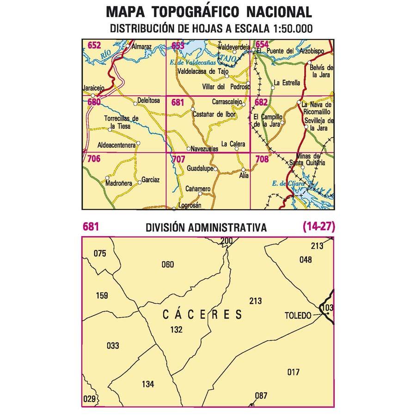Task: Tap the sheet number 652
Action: pyautogui.click(x=94, y=45)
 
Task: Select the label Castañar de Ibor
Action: pyautogui.click(x=214, y=114)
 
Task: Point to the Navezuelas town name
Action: pyautogui.click(x=205, y=149)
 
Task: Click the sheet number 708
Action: pyautogui.click(x=262, y=159)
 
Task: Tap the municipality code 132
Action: pyautogui.click(x=176, y=330)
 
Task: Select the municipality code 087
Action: pyautogui.click(x=261, y=395)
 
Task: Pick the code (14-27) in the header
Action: pyautogui.click(x=318, y=227)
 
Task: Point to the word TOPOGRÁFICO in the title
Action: pyautogui.click(x=196, y=12)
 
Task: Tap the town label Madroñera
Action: pyautogui.click(x=119, y=183)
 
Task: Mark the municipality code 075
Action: pyautogui.click(x=100, y=253)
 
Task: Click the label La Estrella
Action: pyautogui.click(x=287, y=83)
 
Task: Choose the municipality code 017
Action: pyautogui.click(x=293, y=372)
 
